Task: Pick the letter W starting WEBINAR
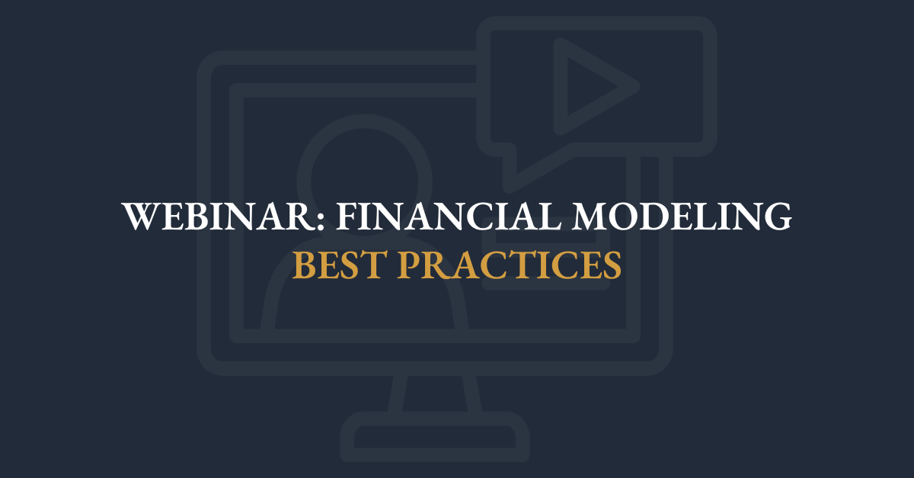(x=141, y=217)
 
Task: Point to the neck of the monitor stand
(x=434, y=393)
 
